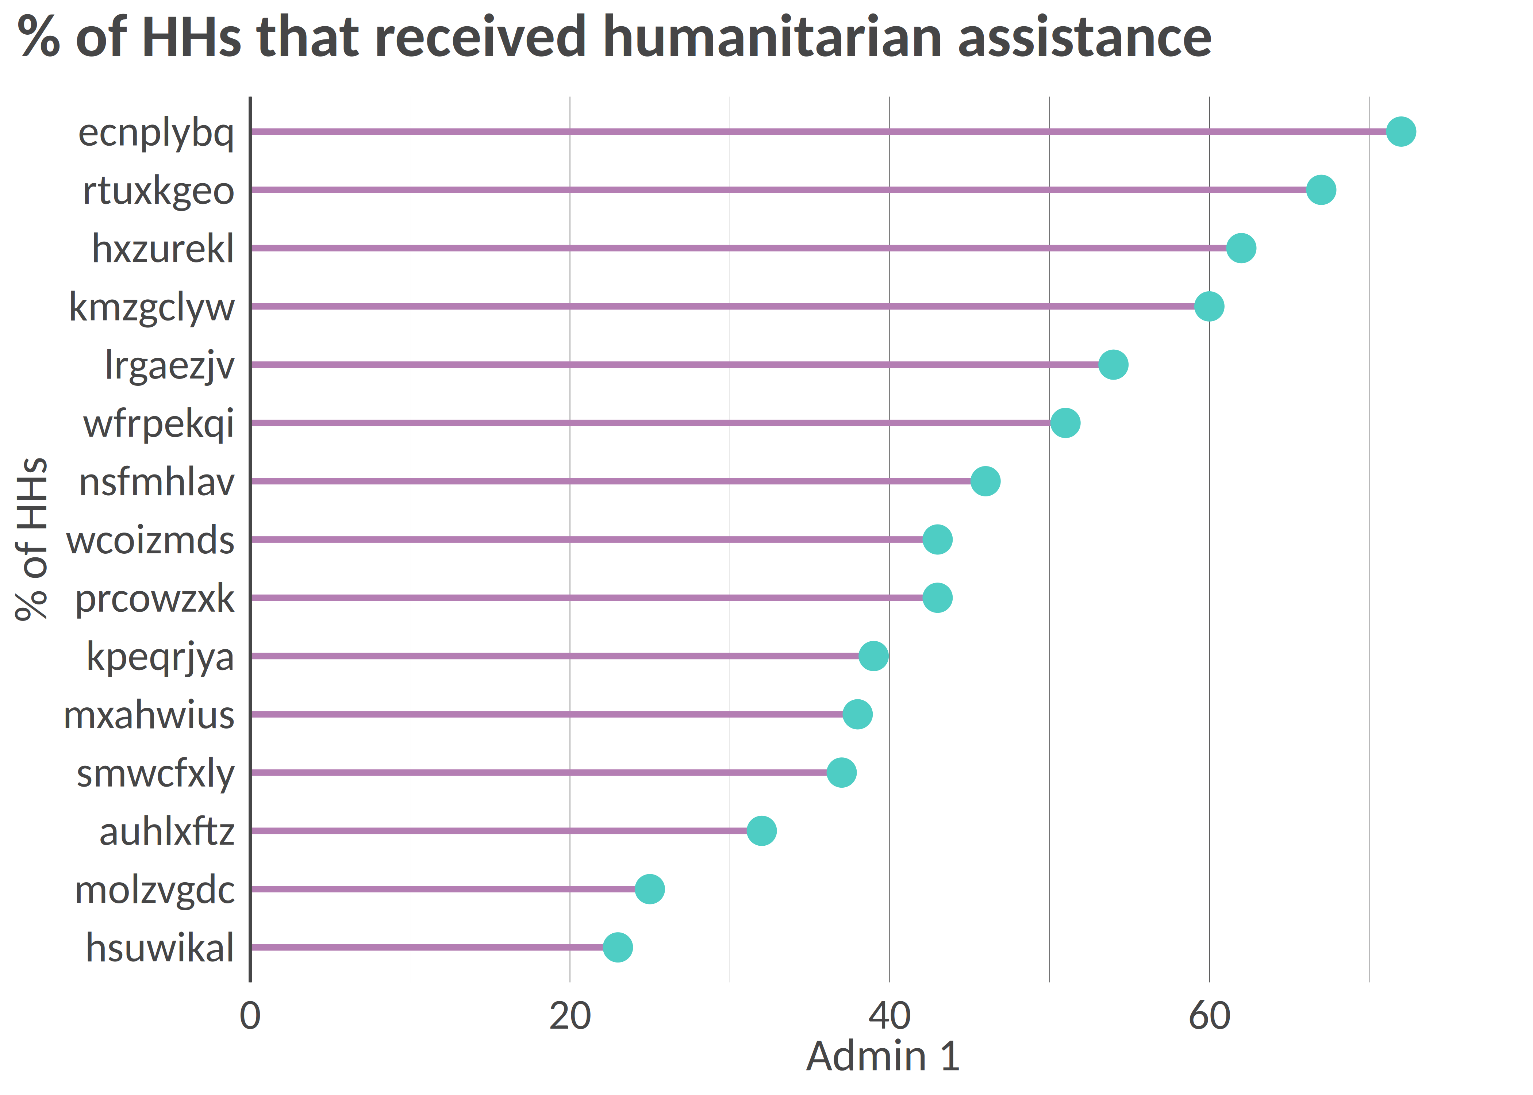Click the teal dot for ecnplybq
coord(1401,131)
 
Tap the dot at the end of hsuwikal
coord(618,947)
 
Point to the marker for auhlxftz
coord(761,831)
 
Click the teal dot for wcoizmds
coord(937,539)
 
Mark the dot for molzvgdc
coord(649,890)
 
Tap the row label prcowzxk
coord(154,599)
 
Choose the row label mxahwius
coord(149,715)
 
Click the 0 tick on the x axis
coord(250,1016)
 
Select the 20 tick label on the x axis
coord(570,1016)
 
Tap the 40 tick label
coord(889,1016)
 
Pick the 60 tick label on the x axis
coord(1209,1016)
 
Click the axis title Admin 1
coord(883,1057)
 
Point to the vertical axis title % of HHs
coord(32,539)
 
